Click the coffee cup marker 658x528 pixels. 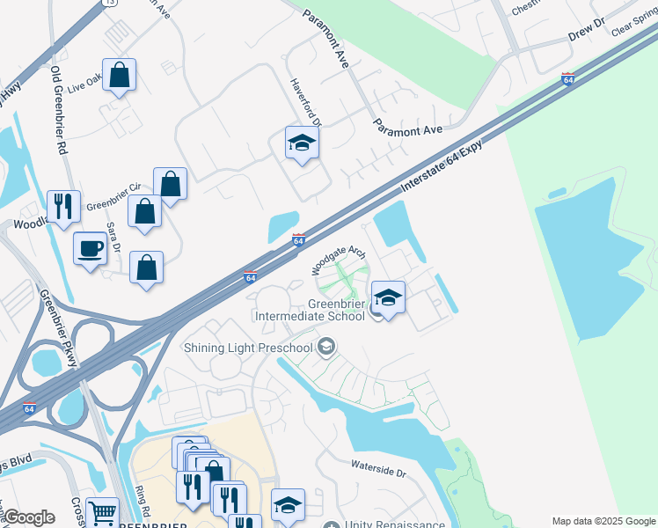91,249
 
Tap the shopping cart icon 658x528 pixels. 103,511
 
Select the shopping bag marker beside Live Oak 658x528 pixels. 119,75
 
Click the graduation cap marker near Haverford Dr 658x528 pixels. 302,143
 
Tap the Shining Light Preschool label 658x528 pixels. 248,348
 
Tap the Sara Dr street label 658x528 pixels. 113,237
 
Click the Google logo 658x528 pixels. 28,517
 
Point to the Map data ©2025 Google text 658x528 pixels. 603,521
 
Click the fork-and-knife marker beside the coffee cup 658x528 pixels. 62,207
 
